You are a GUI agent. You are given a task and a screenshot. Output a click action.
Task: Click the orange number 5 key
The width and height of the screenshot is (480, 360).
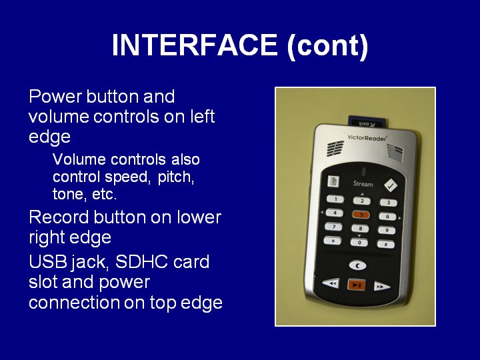coord(361,215)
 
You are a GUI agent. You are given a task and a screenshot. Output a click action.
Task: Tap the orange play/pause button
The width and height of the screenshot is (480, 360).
coord(357,285)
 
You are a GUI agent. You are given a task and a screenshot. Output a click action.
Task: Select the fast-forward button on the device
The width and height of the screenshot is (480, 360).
coord(382,287)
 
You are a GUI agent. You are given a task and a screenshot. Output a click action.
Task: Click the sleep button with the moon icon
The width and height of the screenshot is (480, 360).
coord(357,265)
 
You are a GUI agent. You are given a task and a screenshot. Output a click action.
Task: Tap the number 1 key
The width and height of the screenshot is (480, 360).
coord(335,199)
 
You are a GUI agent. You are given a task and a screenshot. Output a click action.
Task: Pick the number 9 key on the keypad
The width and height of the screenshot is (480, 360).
coord(387,230)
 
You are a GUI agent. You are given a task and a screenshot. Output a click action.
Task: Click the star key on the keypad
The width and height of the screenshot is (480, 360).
coord(333,241)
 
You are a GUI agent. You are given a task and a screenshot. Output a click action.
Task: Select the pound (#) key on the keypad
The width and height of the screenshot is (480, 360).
coord(386,244)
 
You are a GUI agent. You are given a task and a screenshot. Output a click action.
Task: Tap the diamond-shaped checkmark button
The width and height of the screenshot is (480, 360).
coord(391,185)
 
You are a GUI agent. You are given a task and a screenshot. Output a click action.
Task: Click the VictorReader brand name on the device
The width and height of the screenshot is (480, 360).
coord(367,138)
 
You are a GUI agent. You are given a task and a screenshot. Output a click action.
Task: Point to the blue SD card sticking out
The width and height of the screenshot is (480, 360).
coord(367,122)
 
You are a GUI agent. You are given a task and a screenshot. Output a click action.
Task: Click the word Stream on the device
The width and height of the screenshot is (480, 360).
coord(363,184)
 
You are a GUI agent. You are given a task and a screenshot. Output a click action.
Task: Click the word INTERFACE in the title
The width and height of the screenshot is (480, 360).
coord(195,45)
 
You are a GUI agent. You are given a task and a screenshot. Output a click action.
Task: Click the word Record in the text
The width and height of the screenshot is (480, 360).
coord(59,217)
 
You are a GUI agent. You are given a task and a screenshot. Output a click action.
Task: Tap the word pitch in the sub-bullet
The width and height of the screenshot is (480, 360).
coord(176,177)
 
